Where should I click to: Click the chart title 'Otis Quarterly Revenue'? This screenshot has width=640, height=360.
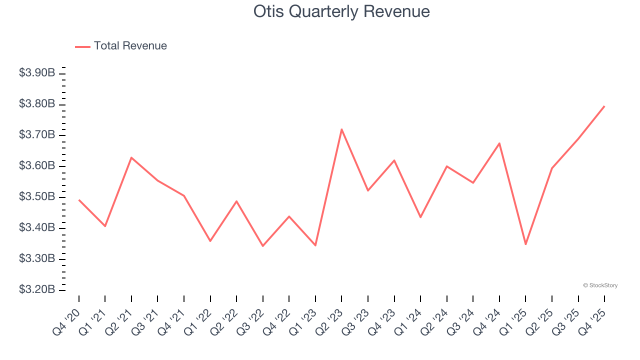pos(341,11)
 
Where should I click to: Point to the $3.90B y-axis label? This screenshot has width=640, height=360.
pos(37,73)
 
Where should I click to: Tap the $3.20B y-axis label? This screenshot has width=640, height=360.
pos(37,290)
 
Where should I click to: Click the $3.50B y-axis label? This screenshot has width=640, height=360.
pos(37,197)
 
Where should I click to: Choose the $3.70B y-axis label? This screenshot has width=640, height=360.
pos(37,135)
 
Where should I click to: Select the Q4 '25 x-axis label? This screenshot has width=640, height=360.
pos(592,321)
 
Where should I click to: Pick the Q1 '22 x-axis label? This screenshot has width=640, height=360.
pos(198,321)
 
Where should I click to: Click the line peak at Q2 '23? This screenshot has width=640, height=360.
pos(341,129)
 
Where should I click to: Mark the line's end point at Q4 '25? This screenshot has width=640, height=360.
pos(604,106)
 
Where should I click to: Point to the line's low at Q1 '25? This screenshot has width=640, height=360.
pos(525,244)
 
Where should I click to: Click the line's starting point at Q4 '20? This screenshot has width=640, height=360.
pos(79,200)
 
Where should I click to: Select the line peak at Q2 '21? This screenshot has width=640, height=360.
pos(131,157)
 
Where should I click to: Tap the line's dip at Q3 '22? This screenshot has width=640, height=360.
pos(262,245)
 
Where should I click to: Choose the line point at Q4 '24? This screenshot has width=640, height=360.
pos(499,143)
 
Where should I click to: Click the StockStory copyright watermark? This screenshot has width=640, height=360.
pos(600,285)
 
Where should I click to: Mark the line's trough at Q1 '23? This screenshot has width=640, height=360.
pos(315,245)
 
